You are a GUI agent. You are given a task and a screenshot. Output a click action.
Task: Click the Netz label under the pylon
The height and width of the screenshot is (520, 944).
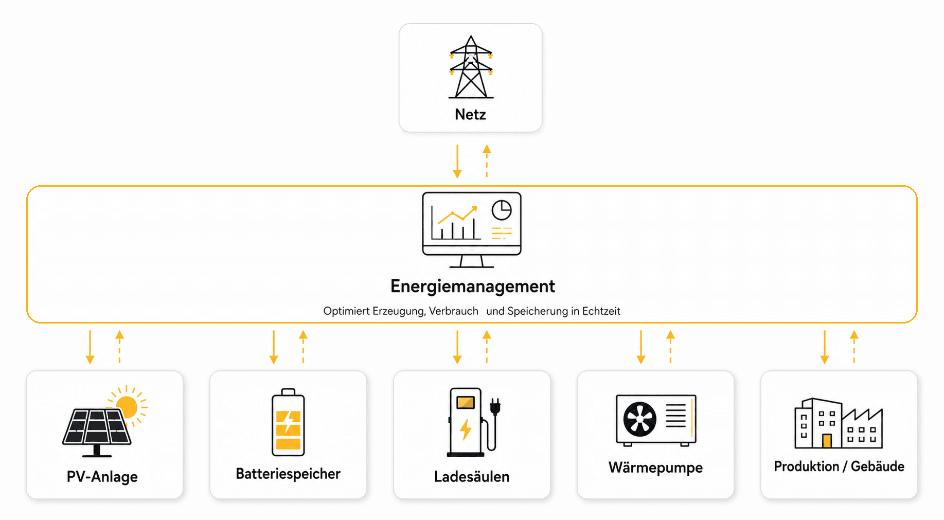coord(470,114)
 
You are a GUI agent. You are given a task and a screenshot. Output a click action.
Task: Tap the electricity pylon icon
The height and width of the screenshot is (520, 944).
coord(471,67)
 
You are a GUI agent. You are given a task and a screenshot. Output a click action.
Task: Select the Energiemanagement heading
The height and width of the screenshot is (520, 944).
coord(472,286)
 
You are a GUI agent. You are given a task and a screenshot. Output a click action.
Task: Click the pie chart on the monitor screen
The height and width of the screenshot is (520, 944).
coord(502,210)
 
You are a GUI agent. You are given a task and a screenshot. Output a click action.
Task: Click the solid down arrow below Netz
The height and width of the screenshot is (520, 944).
coord(457,162)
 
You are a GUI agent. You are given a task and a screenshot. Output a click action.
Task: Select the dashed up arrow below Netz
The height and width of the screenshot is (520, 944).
coord(487,162)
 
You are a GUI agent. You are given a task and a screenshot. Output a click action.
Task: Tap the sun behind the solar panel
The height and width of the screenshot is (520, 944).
coord(127,407)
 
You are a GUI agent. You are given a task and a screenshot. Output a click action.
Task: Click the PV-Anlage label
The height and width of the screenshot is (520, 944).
coord(102,477)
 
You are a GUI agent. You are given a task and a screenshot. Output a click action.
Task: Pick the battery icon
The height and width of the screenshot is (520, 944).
coord(288,422)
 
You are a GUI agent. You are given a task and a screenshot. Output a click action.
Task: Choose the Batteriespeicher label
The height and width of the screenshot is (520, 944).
coord(288,474)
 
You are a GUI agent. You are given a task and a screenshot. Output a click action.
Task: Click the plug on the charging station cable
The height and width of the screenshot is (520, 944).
coord(495,406)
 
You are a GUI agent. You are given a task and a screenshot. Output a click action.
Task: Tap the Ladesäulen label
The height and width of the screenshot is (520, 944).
coord(472,477)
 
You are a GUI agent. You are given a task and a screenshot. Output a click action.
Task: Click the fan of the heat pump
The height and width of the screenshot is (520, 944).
coord(640,419)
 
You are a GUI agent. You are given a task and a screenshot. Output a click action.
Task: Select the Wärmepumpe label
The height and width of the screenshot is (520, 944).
coord(655,468)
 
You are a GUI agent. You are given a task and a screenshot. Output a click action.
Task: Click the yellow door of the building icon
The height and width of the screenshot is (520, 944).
coord(827,441)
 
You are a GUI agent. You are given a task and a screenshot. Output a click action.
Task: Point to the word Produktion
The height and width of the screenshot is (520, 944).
coord(806,467)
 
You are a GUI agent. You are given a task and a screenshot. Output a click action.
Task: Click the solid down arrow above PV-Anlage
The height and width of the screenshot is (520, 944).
coord(90,347)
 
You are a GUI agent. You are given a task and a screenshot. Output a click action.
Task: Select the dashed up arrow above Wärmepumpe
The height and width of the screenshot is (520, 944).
coord(670,347)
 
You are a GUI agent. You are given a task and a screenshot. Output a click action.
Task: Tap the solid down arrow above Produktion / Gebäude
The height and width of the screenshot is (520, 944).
coord(825,347)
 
